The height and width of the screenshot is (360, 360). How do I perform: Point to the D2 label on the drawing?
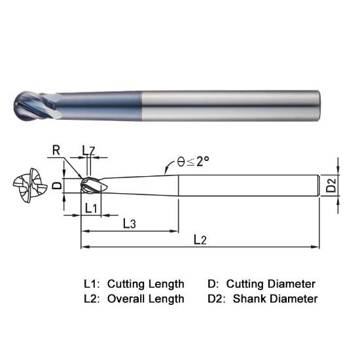click(x=333, y=186)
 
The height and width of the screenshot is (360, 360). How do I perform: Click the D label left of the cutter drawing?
click(x=56, y=186)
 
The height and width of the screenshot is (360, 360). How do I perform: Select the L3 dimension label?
click(x=129, y=224)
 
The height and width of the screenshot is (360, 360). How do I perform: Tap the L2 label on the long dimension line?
click(x=200, y=240)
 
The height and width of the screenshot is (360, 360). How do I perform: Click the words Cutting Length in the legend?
click(x=145, y=284)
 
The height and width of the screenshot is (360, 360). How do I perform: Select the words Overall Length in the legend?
click(x=145, y=298)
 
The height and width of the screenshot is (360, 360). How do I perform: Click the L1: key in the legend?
click(x=92, y=284)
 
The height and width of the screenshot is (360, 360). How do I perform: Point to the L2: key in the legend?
click(x=92, y=298)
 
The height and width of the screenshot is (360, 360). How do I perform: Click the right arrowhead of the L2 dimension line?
click(x=317, y=247)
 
